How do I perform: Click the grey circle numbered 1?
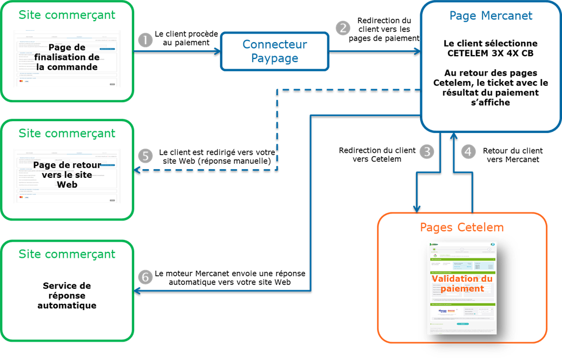click(x=146, y=40)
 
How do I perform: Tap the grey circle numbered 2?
click(x=343, y=28)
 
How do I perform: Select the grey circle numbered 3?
click(x=427, y=152)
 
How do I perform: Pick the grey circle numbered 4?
click(x=468, y=152)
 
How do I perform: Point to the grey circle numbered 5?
click(x=146, y=156)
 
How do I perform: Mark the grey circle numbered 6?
click(x=146, y=277)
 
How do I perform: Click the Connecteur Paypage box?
click(x=275, y=51)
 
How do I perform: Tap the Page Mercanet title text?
click(x=491, y=16)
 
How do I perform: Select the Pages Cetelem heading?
click(x=462, y=228)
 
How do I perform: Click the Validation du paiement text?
click(x=462, y=284)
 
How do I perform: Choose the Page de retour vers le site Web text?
click(x=67, y=175)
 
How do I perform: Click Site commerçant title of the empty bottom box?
click(x=67, y=254)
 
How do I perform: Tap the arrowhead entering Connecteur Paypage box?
click(x=218, y=51)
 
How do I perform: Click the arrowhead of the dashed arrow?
click(x=137, y=170)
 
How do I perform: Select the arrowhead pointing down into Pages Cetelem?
click(x=416, y=209)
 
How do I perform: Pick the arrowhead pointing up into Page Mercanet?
click(x=453, y=136)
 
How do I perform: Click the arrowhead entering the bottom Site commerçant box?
click(x=137, y=291)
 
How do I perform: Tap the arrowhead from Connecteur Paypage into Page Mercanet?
click(x=418, y=51)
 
